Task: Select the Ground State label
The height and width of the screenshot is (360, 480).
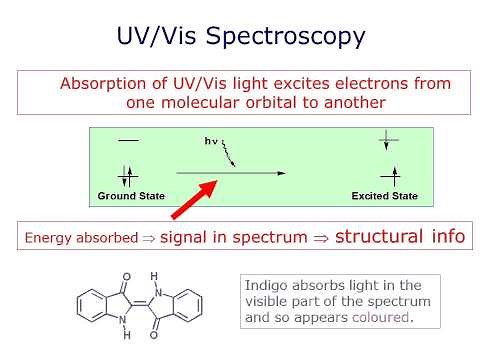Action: point(130,196)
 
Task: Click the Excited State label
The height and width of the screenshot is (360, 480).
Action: point(385,196)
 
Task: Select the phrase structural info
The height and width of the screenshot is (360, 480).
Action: point(399,237)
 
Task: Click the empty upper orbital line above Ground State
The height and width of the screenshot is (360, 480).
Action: point(128,141)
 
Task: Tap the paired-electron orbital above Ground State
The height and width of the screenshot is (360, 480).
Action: point(128,176)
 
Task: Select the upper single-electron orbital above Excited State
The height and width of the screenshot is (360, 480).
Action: point(389,142)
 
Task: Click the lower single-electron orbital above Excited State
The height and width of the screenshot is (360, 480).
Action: point(389,176)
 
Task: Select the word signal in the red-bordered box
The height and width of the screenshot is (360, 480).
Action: point(182,238)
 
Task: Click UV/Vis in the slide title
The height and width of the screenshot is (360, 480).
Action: point(153,38)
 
